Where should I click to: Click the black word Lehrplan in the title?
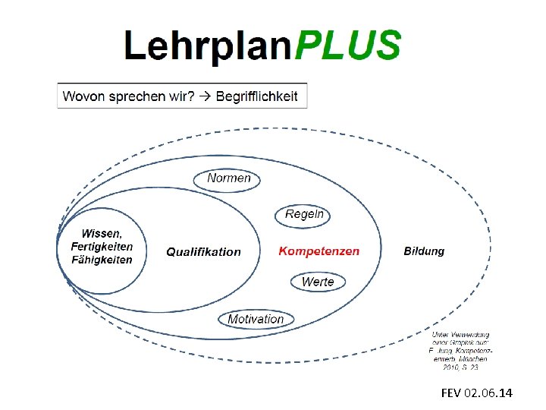(209, 46)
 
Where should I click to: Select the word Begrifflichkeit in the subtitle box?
(257, 96)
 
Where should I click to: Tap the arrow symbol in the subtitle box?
(206, 96)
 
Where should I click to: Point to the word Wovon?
(83, 96)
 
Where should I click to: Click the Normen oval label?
(228, 178)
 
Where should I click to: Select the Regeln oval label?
(304, 215)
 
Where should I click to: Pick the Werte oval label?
(317, 282)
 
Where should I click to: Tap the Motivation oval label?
(256, 319)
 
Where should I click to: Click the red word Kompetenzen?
(318, 251)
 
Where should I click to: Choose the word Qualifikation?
(203, 251)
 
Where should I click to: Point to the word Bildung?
(424, 251)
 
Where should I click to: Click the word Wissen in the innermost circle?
(100, 233)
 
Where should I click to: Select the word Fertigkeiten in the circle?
(102, 247)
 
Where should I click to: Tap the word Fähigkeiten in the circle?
(102, 260)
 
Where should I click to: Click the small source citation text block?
(461, 351)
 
